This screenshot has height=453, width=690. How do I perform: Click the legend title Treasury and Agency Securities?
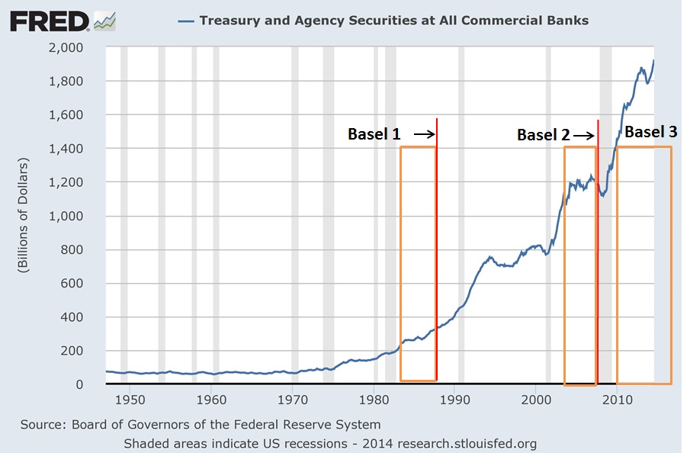(393, 20)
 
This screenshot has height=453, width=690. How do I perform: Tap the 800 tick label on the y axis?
(84, 249)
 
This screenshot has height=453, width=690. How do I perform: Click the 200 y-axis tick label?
(84, 351)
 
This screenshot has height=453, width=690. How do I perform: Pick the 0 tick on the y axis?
(91, 384)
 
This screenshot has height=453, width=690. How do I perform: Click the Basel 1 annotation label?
(374, 134)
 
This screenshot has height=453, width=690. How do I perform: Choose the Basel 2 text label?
(544, 135)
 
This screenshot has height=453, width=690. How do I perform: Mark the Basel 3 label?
(650, 132)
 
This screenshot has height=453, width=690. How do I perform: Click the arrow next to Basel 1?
(425, 135)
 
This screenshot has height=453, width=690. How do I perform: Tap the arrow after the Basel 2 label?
(583, 135)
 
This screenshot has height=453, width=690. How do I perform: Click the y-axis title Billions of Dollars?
(24, 216)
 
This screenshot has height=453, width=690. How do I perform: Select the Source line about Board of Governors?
(201, 425)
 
